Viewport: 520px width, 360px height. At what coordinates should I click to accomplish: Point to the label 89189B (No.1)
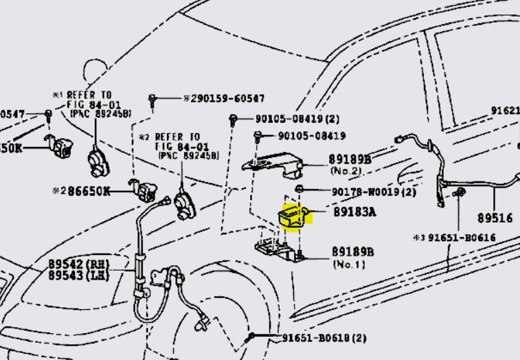(x=352, y=252)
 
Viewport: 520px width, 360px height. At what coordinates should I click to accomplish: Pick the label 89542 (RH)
(x=80, y=264)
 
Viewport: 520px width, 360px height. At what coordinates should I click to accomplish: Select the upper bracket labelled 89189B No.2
(x=275, y=163)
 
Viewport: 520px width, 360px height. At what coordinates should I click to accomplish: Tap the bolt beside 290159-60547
(x=152, y=100)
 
